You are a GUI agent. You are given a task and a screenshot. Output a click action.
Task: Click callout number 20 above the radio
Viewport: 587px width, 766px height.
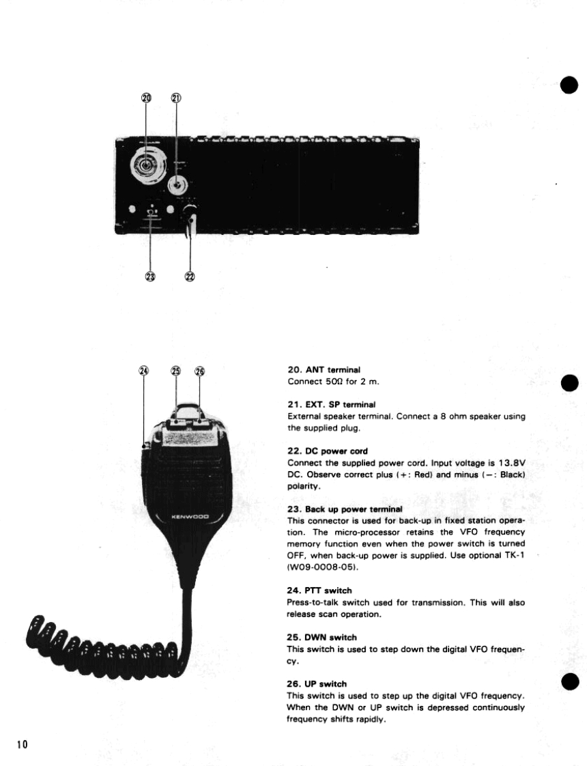145,98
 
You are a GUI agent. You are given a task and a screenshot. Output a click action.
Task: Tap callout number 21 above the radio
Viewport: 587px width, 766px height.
175,98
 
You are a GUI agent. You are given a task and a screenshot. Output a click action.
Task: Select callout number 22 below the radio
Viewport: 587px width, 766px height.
189,276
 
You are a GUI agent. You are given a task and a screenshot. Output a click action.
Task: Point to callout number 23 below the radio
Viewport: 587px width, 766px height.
150,276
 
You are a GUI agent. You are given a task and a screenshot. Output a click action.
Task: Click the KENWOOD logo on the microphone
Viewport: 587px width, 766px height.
190,516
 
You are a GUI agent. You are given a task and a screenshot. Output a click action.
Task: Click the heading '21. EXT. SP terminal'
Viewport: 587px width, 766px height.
332,405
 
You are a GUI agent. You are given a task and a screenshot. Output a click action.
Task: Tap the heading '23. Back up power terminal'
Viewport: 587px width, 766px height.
345,509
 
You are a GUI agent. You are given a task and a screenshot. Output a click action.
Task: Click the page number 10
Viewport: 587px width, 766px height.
22,744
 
